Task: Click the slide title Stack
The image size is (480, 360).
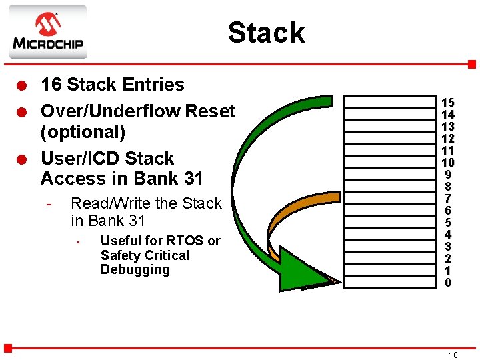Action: click(266, 33)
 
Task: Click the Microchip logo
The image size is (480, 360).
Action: click(47, 32)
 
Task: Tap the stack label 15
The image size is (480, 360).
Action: click(448, 103)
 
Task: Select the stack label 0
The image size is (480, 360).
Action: click(448, 283)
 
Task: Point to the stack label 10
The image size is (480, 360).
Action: click(448, 163)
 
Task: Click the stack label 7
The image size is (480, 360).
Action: click(448, 199)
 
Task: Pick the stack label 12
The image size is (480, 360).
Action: click(448, 139)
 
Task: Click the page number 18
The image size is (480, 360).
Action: click(453, 355)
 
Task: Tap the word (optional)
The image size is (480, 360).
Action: click(83, 131)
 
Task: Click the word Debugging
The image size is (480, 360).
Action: click(135, 270)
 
